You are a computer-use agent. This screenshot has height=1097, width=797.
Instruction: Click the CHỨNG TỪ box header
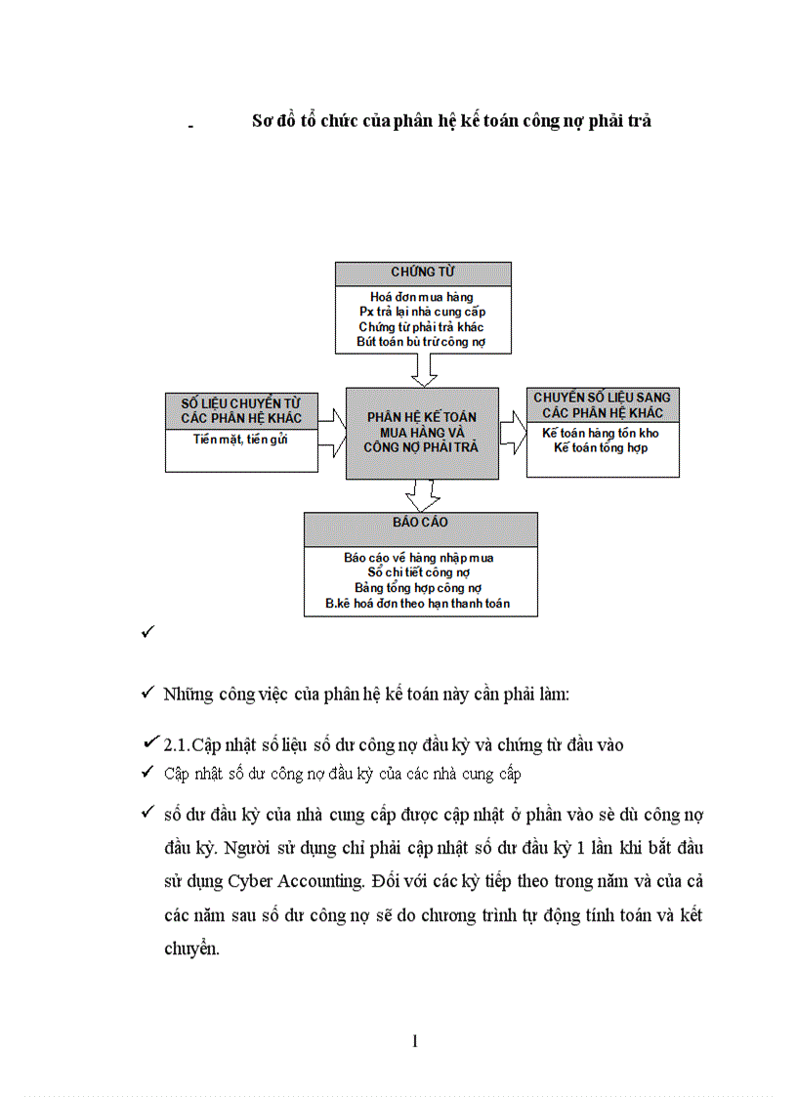coord(423,272)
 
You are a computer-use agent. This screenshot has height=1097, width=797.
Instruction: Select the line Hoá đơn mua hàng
coord(422,296)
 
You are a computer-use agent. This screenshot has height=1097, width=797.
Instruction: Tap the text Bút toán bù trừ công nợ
coord(422,342)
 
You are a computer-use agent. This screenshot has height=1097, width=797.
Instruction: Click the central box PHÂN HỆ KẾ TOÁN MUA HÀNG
coord(422,432)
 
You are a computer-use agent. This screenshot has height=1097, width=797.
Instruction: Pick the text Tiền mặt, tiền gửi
coord(240,439)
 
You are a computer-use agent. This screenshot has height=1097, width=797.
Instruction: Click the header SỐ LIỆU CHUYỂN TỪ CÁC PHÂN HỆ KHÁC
coord(241,410)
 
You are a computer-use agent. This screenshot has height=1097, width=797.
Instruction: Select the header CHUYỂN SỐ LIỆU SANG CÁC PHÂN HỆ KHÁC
coord(602,404)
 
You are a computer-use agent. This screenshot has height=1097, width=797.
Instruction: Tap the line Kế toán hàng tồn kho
coord(601,433)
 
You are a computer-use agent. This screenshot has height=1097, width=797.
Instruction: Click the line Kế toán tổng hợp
coord(601,447)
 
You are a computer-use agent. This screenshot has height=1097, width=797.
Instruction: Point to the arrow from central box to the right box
coord(513,432)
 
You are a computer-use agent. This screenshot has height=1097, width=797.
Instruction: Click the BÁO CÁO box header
coord(421,523)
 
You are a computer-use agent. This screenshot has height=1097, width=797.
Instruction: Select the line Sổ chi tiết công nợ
coord(418,572)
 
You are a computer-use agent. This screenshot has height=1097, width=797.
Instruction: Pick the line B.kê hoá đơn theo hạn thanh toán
coord(418,604)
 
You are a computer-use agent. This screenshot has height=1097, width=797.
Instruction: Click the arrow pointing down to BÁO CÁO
coord(422,495)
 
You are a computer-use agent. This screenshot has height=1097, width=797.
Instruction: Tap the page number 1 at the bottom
coord(415,1042)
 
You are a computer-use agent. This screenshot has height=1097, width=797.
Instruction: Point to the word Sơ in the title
coord(262,121)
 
